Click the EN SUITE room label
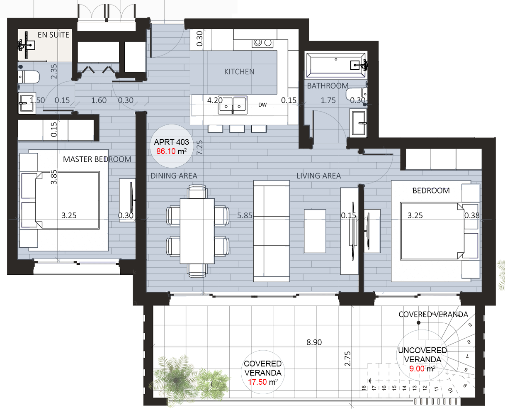53,35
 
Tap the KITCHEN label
239,72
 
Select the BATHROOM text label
328,86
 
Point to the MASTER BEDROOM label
97,159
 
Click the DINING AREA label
174,176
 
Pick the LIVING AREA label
319,176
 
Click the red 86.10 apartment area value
166,151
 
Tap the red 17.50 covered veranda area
257,382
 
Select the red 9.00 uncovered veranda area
417,369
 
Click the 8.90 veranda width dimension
314,342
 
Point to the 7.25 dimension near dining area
199,147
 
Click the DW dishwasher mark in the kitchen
262,105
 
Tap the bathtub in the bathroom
336,65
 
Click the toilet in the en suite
29,77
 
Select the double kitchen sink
232,105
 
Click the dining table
197,231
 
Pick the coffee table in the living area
315,231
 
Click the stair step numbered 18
364,388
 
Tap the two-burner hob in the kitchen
263,43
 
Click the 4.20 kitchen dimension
215,100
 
